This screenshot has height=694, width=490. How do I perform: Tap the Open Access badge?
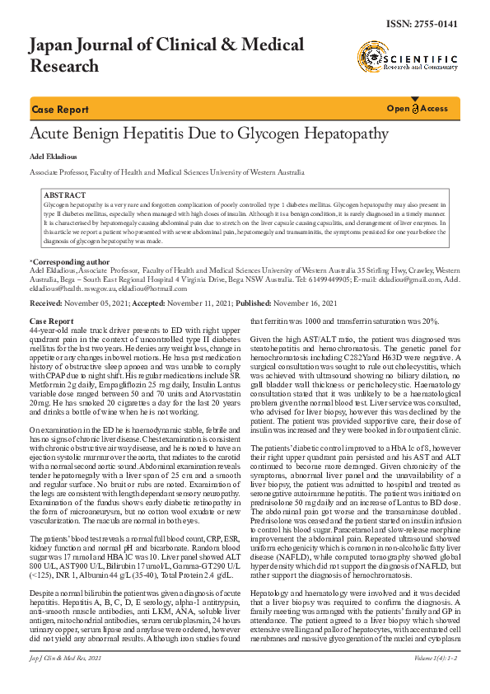pyautogui.click(x=418, y=109)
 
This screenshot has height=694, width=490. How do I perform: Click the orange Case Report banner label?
pyautogui.click(x=60, y=110)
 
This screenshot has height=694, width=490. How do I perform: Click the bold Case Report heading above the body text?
pyautogui.click(x=51, y=320)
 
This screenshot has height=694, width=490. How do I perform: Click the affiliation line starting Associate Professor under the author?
pyautogui.click(x=166, y=173)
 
